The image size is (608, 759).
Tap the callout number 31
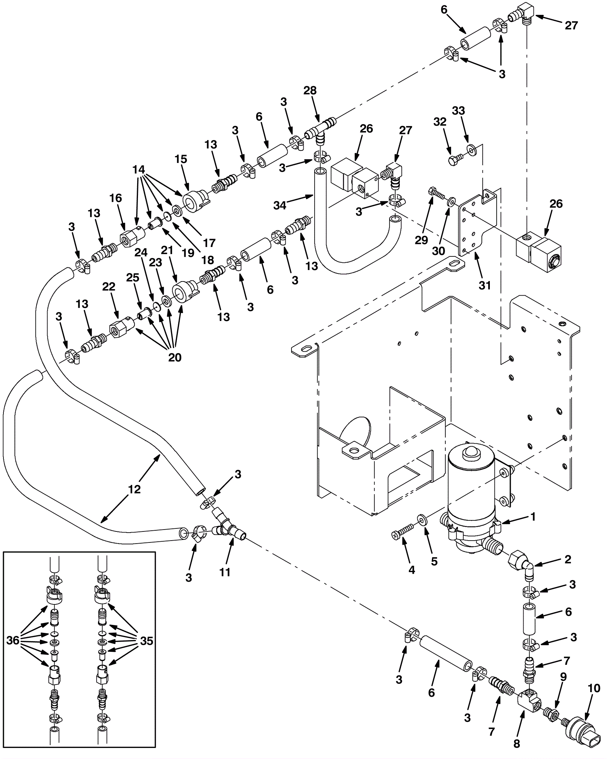[x=484, y=285]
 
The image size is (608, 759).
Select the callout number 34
[x=280, y=206]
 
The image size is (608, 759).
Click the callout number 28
[x=310, y=90]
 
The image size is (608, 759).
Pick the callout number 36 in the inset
[x=13, y=640]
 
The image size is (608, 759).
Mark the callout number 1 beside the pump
[x=533, y=517]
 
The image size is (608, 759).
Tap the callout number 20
[x=175, y=357]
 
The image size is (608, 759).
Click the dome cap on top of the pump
[x=469, y=452]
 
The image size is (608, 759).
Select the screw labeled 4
[x=401, y=533]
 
